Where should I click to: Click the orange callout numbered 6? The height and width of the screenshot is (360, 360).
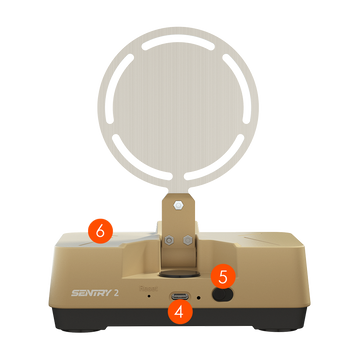pos(100,231)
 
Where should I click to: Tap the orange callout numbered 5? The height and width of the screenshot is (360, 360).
pos(223,276)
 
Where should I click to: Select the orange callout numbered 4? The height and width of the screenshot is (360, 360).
pos(180,311)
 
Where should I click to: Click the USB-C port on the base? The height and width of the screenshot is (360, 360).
pos(180,296)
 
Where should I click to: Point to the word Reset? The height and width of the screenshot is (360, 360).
pos(148,288)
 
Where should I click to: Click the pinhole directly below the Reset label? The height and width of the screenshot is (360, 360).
pos(149,296)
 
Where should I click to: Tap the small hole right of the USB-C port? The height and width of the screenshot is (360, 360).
pos(199,296)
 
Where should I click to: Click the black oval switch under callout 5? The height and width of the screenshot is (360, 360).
pos(222,295)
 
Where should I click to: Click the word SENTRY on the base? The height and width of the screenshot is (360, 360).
pos(91,293)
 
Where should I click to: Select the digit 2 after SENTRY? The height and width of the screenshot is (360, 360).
pos(116,293)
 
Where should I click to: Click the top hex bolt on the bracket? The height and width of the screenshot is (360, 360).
pos(178,206)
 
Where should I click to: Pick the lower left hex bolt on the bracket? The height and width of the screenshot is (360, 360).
pos(170,240)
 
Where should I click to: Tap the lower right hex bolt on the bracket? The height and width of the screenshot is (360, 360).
pos(188,240)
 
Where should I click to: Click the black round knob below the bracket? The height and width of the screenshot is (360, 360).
pos(179,274)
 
